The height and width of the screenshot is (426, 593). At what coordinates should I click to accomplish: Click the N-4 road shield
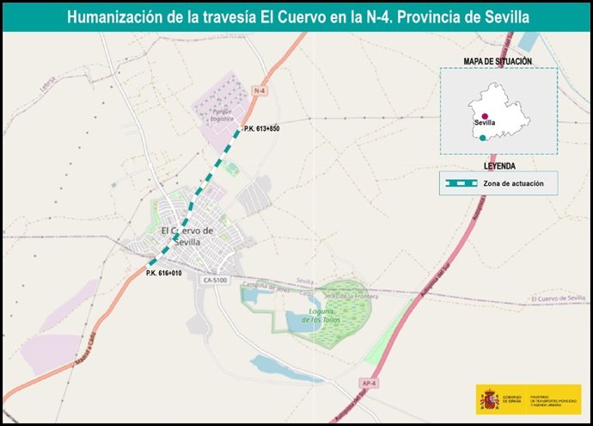(260, 90)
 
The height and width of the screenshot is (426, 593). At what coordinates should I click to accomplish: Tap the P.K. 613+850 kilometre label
(262, 129)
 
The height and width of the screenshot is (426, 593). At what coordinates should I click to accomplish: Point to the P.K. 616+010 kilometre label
(164, 274)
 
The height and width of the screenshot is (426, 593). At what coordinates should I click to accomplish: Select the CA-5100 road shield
(215, 280)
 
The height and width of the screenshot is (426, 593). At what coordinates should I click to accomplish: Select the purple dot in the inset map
(486, 115)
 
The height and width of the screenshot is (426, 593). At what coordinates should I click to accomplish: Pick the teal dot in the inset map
(483, 138)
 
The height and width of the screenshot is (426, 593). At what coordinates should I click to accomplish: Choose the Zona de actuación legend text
(513, 183)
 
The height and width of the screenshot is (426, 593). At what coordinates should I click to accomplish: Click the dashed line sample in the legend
(459, 183)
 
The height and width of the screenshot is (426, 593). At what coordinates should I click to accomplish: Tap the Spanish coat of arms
(490, 400)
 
